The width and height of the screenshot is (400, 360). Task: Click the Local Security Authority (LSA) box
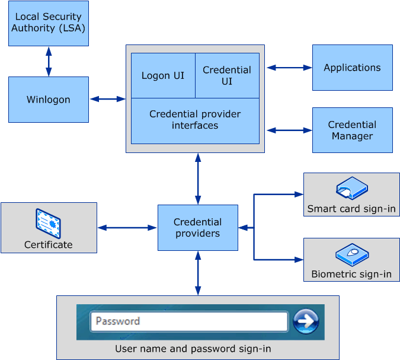pos(48,23)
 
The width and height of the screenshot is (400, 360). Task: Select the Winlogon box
pos(48,100)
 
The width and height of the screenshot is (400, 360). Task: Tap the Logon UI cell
pos(163,76)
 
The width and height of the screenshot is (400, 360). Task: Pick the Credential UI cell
pos(227,76)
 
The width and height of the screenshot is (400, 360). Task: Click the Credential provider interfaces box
pos(195,120)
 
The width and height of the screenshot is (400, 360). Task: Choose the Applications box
pos(352,68)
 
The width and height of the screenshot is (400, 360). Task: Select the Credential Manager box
pos(352,130)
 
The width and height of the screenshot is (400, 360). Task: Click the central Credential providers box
pos(197,228)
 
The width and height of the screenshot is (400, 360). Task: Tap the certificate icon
pos(48,224)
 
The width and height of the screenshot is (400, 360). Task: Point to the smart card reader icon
pos(351,189)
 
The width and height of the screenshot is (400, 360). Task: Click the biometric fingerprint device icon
pos(351,254)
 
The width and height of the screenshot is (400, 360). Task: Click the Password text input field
pos(188,321)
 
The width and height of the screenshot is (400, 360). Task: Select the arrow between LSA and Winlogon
pos(48,61)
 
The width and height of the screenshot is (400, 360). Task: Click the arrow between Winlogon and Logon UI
pos(107,99)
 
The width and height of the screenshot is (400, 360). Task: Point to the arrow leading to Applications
pos(289,68)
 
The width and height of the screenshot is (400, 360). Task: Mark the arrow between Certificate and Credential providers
pos(127,228)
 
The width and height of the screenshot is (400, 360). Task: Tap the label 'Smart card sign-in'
pos(351,209)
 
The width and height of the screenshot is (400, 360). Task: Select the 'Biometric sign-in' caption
pos(351,274)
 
